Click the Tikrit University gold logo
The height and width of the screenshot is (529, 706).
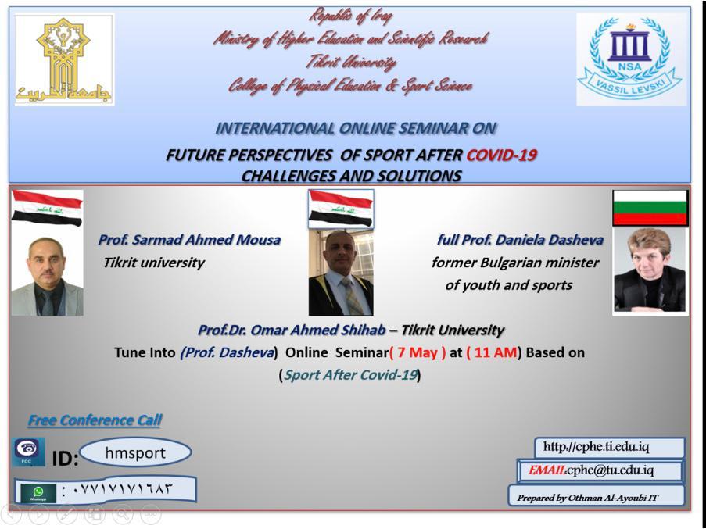pyautogui.click(x=64, y=59)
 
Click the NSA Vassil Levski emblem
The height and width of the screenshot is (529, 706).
pyautogui.click(x=630, y=59)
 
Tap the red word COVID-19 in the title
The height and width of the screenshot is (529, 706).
pyautogui.click(x=501, y=155)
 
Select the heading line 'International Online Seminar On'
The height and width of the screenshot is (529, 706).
pyautogui.click(x=356, y=128)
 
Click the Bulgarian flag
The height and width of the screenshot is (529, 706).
pyautogui.click(x=650, y=208)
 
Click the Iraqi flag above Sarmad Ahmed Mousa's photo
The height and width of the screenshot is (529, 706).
pyautogui.click(x=47, y=208)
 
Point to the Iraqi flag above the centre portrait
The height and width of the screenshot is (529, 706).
pyautogui.click(x=341, y=209)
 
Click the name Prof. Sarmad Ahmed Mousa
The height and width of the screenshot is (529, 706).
pyautogui.click(x=189, y=239)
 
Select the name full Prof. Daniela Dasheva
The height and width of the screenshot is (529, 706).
pyautogui.click(x=520, y=239)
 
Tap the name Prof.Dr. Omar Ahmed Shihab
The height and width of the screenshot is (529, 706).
pyautogui.click(x=292, y=331)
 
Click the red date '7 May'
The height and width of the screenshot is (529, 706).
pyautogui.click(x=418, y=352)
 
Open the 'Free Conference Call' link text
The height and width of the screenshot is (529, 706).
pyautogui.click(x=95, y=420)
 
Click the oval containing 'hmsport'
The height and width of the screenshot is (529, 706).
pyautogui.click(x=135, y=452)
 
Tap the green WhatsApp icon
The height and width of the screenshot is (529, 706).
pyautogui.click(x=38, y=493)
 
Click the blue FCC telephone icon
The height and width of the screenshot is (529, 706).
pyautogui.click(x=28, y=452)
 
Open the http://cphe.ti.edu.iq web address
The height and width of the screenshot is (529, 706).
pyautogui.click(x=596, y=447)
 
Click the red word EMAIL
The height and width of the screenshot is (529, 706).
pyautogui.click(x=547, y=470)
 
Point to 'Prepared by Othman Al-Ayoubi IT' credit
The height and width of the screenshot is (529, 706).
pyautogui.click(x=588, y=498)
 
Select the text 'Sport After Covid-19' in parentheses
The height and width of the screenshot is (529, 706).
pyautogui.click(x=351, y=375)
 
